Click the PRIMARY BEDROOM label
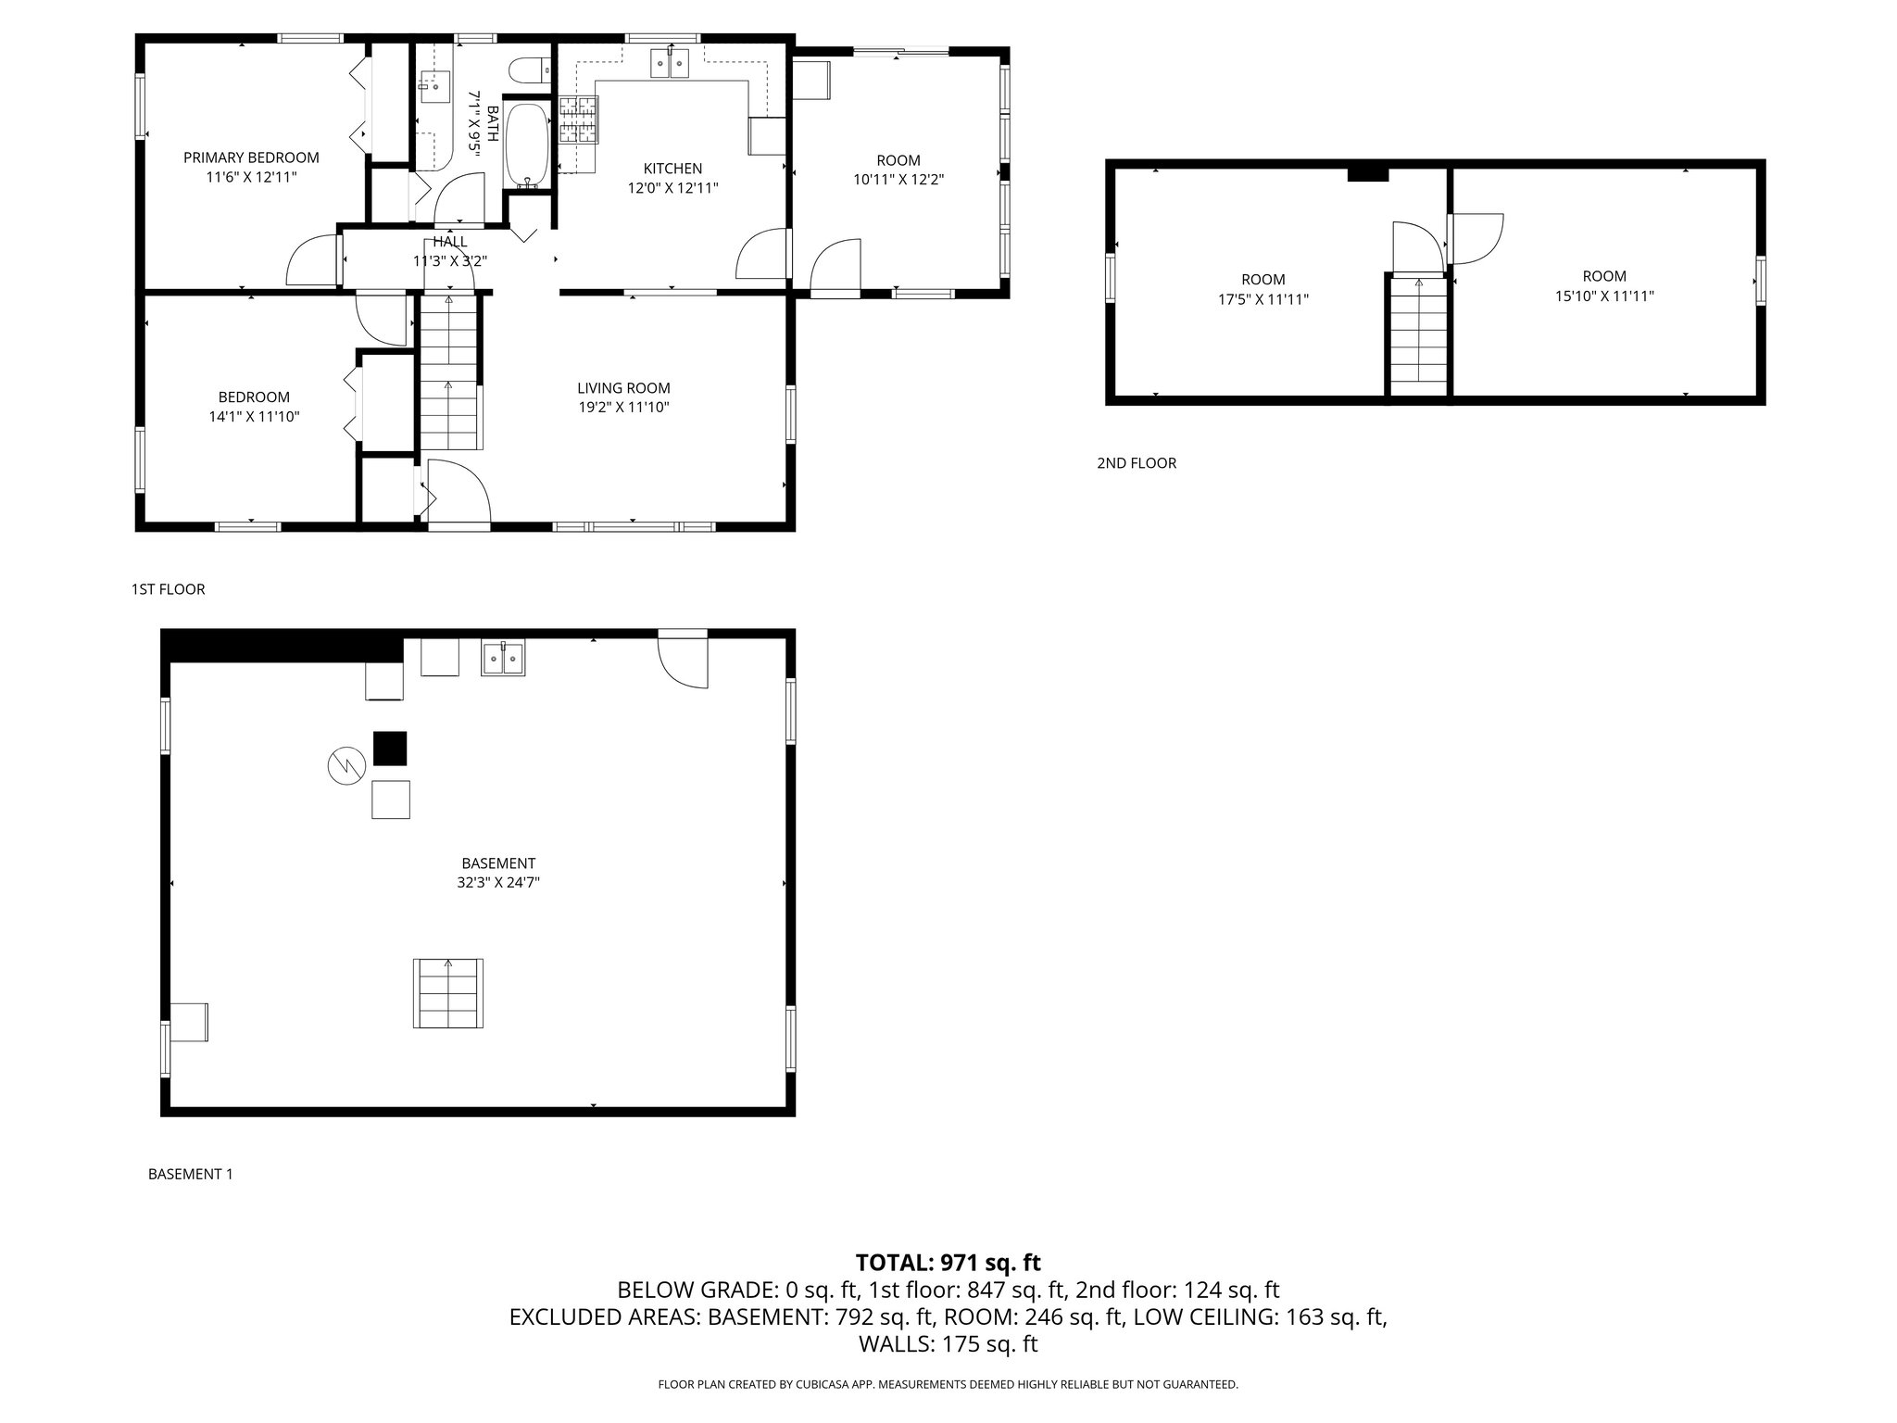[251, 157]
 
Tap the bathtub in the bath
[527, 145]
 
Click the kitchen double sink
[672, 64]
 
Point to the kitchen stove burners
[579, 120]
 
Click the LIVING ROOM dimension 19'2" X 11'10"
[623, 407]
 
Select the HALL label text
[450, 242]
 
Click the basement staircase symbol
[448, 993]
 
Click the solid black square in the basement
[390, 749]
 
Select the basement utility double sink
[503, 658]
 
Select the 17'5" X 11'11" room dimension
[1263, 299]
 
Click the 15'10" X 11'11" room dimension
[1604, 296]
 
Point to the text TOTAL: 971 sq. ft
[948, 1262]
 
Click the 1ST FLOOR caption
[168, 589]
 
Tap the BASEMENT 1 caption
[190, 1174]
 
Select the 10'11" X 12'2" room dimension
[898, 180]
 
